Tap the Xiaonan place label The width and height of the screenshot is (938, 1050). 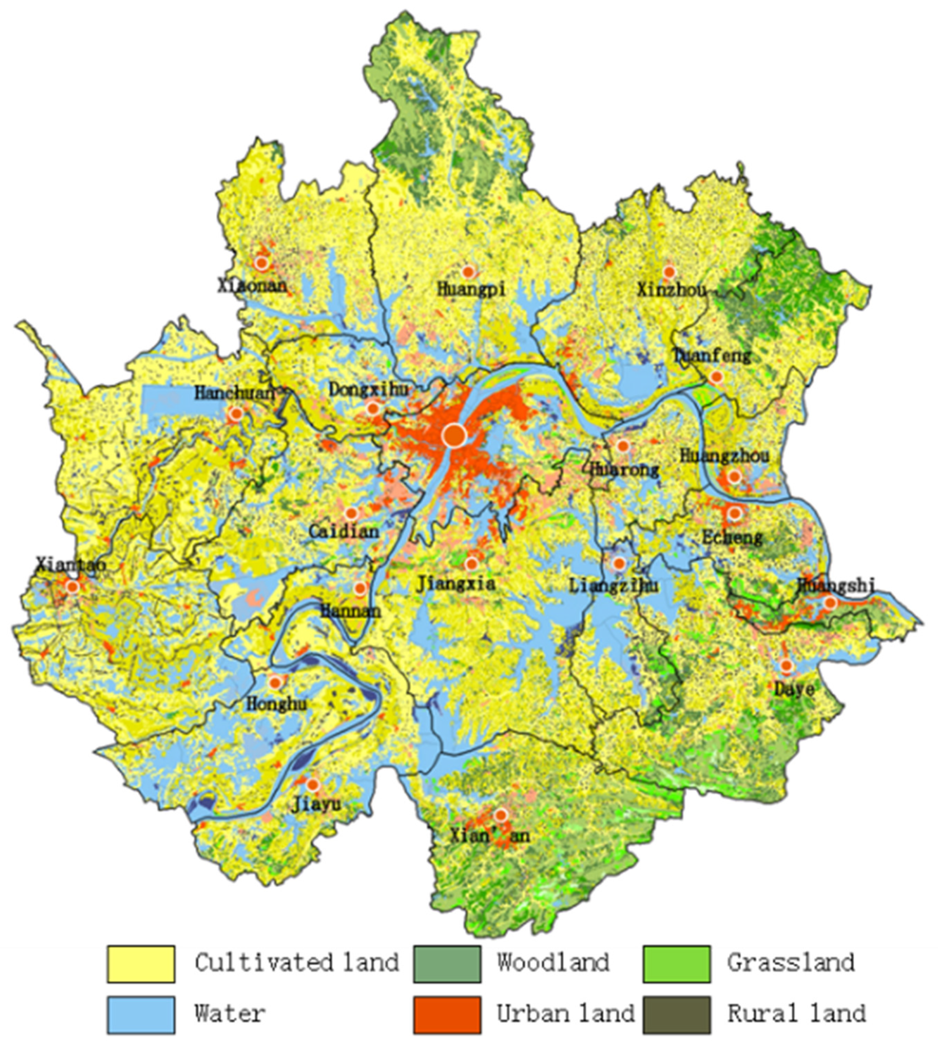pyautogui.click(x=251, y=285)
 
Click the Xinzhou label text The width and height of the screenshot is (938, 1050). pyautogui.click(x=671, y=290)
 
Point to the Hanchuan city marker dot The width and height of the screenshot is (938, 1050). pyautogui.click(x=236, y=414)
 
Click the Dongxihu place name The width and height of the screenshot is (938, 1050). pyautogui.click(x=368, y=389)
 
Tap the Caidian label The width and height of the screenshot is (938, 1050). pyautogui.click(x=344, y=532)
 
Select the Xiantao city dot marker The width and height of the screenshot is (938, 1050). pyautogui.click(x=72, y=587)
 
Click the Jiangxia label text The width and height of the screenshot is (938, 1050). pyautogui.click(x=456, y=583)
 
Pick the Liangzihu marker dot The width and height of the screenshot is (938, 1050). pyautogui.click(x=619, y=563)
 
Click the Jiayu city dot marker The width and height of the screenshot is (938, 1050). pyautogui.click(x=312, y=785)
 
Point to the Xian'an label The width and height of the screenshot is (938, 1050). pyautogui.click(x=489, y=836)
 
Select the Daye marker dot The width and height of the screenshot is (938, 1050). pyautogui.click(x=786, y=666)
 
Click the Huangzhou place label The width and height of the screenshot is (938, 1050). pyautogui.click(x=724, y=456)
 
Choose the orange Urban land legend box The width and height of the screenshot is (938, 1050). pyautogui.click(x=447, y=1015)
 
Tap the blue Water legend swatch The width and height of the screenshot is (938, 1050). pyautogui.click(x=141, y=1015)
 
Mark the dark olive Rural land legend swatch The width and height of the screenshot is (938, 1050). pyautogui.click(x=676, y=1015)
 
